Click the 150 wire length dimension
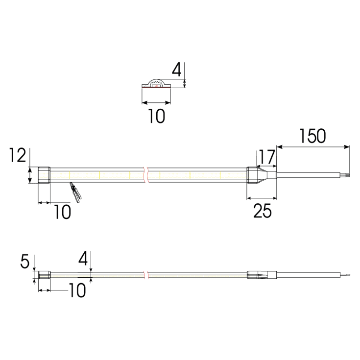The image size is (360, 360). [x=312, y=136]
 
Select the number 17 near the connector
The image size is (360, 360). [x=267, y=157]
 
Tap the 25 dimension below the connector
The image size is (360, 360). [x=262, y=211]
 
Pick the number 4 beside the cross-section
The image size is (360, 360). [x=177, y=70]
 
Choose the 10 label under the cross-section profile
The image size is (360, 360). [x=156, y=117]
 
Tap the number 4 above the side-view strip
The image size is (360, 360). [x=84, y=258]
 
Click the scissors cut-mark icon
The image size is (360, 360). [x=75, y=192]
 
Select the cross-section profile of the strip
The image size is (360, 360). [x=156, y=84]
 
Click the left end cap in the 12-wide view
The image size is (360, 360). [x=44, y=175]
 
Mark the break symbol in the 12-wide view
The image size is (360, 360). [x=145, y=175]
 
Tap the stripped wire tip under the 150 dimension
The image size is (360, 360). [x=347, y=174]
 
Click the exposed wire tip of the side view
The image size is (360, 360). [x=347, y=275]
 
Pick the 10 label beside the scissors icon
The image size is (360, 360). [x=62, y=212]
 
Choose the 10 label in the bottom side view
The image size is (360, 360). [x=77, y=290]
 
